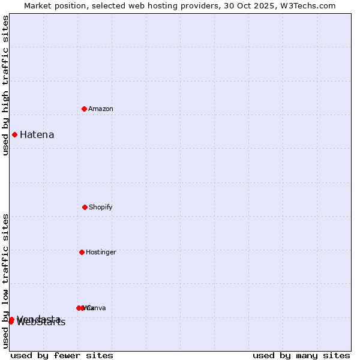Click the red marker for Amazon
(x=84, y=109)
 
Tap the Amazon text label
(x=101, y=109)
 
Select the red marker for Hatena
(x=14, y=134)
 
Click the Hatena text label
(x=37, y=134)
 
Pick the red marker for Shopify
(x=85, y=207)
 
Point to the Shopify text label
(x=101, y=207)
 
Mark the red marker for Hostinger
(x=82, y=252)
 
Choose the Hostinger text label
(x=101, y=252)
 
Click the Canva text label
(x=96, y=308)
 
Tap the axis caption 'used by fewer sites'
(x=62, y=355)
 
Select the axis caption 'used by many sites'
(x=301, y=355)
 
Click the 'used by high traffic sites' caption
(x=5, y=85)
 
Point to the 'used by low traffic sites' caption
(x=5, y=281)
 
